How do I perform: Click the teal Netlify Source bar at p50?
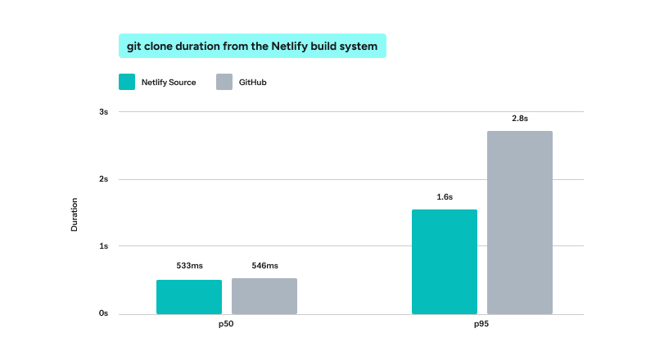[189, 297]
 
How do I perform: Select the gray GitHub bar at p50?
[264, 296]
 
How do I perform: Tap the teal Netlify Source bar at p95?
[445, 262]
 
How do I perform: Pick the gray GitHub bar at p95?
[520, 223]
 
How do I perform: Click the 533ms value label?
[190, 266]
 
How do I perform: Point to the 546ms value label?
[264, 266]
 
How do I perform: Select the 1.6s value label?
[445, 196]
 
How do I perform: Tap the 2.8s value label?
[520, 119]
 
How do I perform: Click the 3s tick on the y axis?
[104, 112]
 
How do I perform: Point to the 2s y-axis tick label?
[104, 179]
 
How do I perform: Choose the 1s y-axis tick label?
[104, 246]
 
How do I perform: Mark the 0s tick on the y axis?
[104, 313]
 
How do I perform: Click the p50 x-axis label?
[226, 324]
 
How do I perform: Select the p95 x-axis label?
[481, 324]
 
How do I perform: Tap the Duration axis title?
[75, 214]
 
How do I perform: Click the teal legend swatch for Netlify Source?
[127, 82]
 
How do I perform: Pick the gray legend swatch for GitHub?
[224, 82]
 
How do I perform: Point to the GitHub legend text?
[253, 83]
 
